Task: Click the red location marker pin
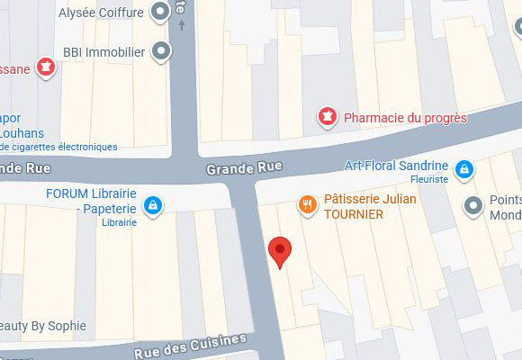click(281, 250)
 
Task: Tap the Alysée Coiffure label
click(101, 13)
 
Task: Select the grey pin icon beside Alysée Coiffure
click(161, 13)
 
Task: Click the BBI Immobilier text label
click(103, 52)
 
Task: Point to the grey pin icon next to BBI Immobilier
click(161, 52)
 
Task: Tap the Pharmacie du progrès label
click(406, 117)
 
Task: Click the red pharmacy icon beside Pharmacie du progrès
click(328, 117)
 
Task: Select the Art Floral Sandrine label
click(396, 166)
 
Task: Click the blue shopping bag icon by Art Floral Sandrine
click(463, 167)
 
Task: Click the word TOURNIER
click(353, 214)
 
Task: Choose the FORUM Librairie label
click(91, 194)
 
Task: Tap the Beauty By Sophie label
click(43, 326)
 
